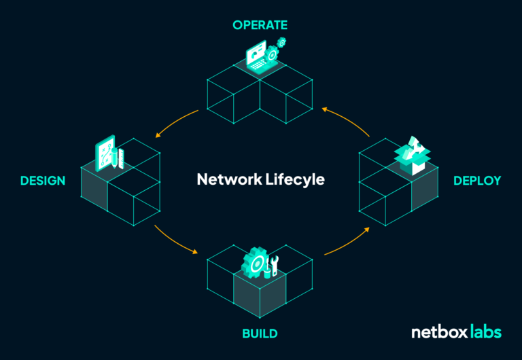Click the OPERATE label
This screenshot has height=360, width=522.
click(260, 25)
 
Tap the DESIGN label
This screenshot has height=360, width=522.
click(43, 181)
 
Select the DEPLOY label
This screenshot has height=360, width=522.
click(477, 181)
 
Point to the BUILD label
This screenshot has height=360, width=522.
click(260, 334)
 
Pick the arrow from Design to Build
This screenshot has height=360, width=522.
click(175, 240)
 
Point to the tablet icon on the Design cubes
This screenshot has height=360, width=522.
click(106, 154)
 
